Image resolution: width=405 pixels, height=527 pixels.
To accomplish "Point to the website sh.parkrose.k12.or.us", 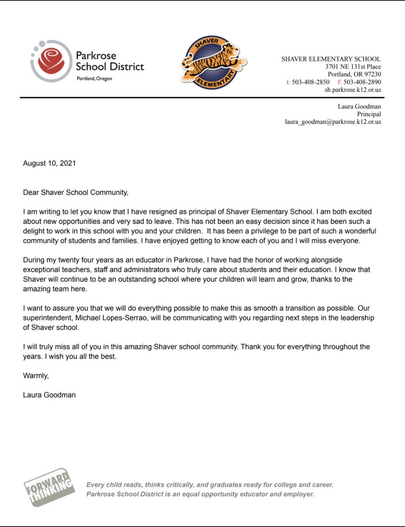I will pos(353,90).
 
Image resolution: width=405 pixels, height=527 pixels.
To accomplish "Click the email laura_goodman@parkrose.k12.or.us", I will pos(333,122).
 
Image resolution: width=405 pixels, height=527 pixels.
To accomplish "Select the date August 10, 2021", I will pos(50,163).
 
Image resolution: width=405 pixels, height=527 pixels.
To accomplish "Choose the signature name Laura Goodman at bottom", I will pos(49,395).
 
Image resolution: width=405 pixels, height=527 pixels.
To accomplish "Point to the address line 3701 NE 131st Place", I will pos(353,66).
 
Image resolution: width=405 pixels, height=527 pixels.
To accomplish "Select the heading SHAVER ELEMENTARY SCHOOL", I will pos(331,59).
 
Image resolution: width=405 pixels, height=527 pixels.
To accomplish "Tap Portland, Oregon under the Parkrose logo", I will pos(94,78).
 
